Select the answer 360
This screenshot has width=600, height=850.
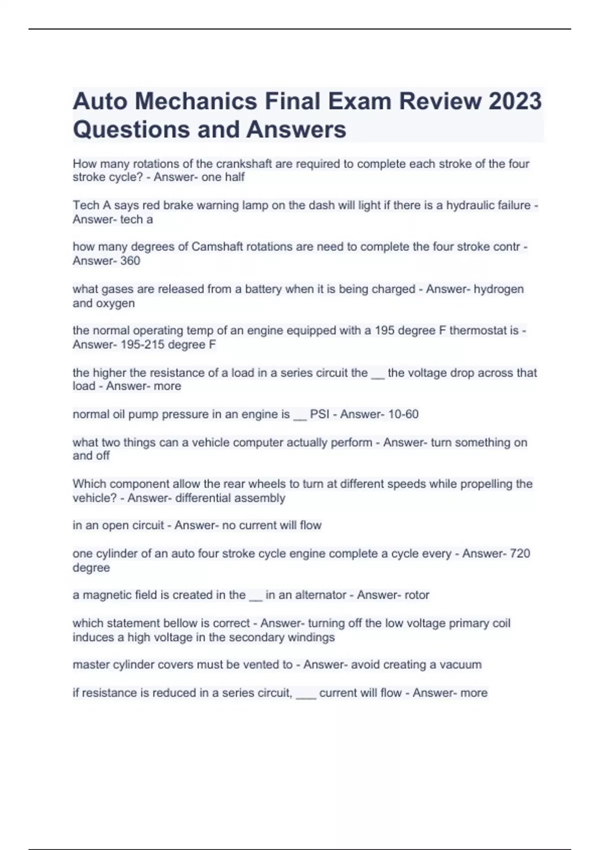(x=130, y=261)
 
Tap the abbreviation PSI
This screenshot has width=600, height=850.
(x=319, y=414)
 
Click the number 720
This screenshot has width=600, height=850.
(x=520, y=553)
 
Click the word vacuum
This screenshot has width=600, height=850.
(x=460, y=665)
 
